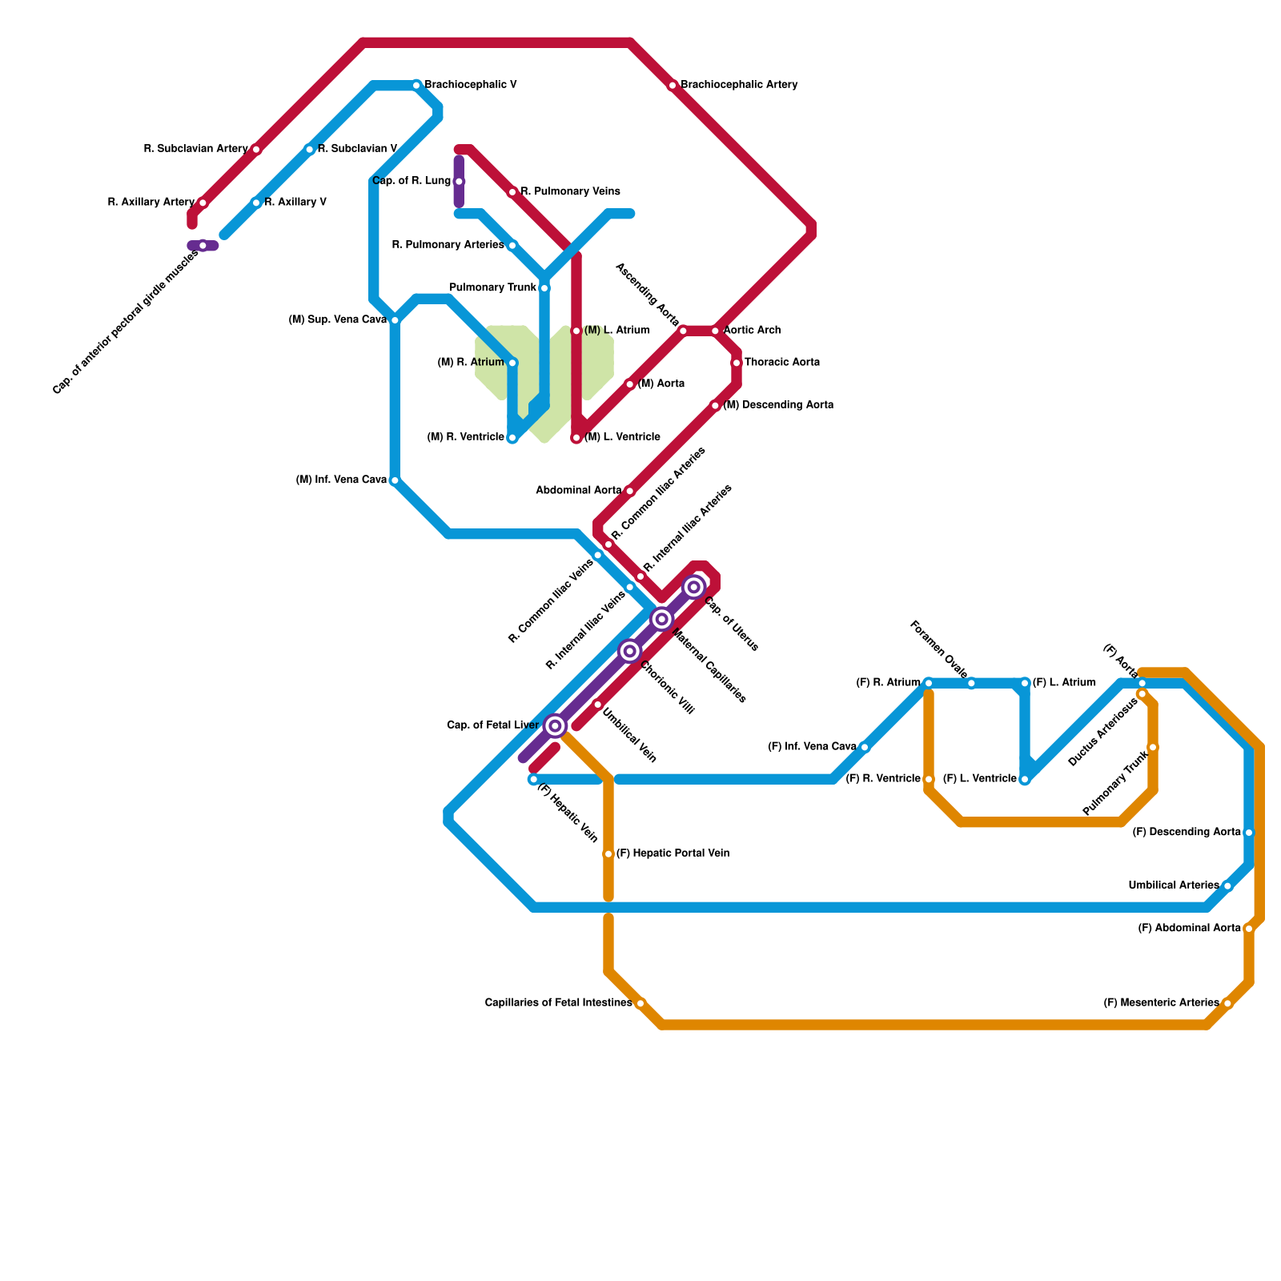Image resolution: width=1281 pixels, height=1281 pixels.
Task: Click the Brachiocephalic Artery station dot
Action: click(x=673, y=86)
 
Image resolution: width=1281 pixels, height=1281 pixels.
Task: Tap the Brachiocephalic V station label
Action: click(x=470, y=85)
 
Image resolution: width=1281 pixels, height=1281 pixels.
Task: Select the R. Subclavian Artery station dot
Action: click(x=256, y=150)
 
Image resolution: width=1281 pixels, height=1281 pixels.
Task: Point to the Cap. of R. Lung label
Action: click(x=412, y=181)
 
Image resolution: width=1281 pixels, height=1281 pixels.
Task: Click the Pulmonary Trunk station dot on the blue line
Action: click(x=544, y=288)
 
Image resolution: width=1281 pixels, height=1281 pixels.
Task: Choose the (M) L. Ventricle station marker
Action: click(x=576, y=438)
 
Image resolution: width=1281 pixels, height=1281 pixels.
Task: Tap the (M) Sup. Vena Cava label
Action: click(x=337, y=320)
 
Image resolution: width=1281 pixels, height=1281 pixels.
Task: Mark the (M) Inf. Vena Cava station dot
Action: click(x=395, y=480)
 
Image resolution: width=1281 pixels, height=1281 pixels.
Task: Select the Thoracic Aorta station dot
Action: click(x=737, y=363)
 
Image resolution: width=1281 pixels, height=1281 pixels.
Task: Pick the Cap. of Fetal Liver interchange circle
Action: click(x=556, y=726)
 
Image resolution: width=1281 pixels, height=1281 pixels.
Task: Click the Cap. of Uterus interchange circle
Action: click(x=694, y=588)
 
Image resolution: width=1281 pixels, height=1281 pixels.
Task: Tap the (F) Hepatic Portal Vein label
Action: click(x=673, y=853)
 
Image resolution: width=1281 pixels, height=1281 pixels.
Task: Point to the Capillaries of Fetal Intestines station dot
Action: click(x=640, y=1003)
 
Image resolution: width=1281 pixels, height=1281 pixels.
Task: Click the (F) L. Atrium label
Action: click(x=1064, y=683)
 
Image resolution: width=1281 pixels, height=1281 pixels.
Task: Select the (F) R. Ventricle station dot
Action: click(x=929, y=779)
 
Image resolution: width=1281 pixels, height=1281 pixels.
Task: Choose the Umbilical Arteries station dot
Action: click(x=1227, y=886)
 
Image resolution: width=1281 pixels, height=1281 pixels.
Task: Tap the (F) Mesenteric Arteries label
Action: click(x=1161, y=1003)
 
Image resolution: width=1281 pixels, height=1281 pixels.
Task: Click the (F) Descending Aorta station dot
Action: click(x=1249, y=833)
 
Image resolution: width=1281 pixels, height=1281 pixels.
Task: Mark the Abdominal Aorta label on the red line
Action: click(x=578, y=491)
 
